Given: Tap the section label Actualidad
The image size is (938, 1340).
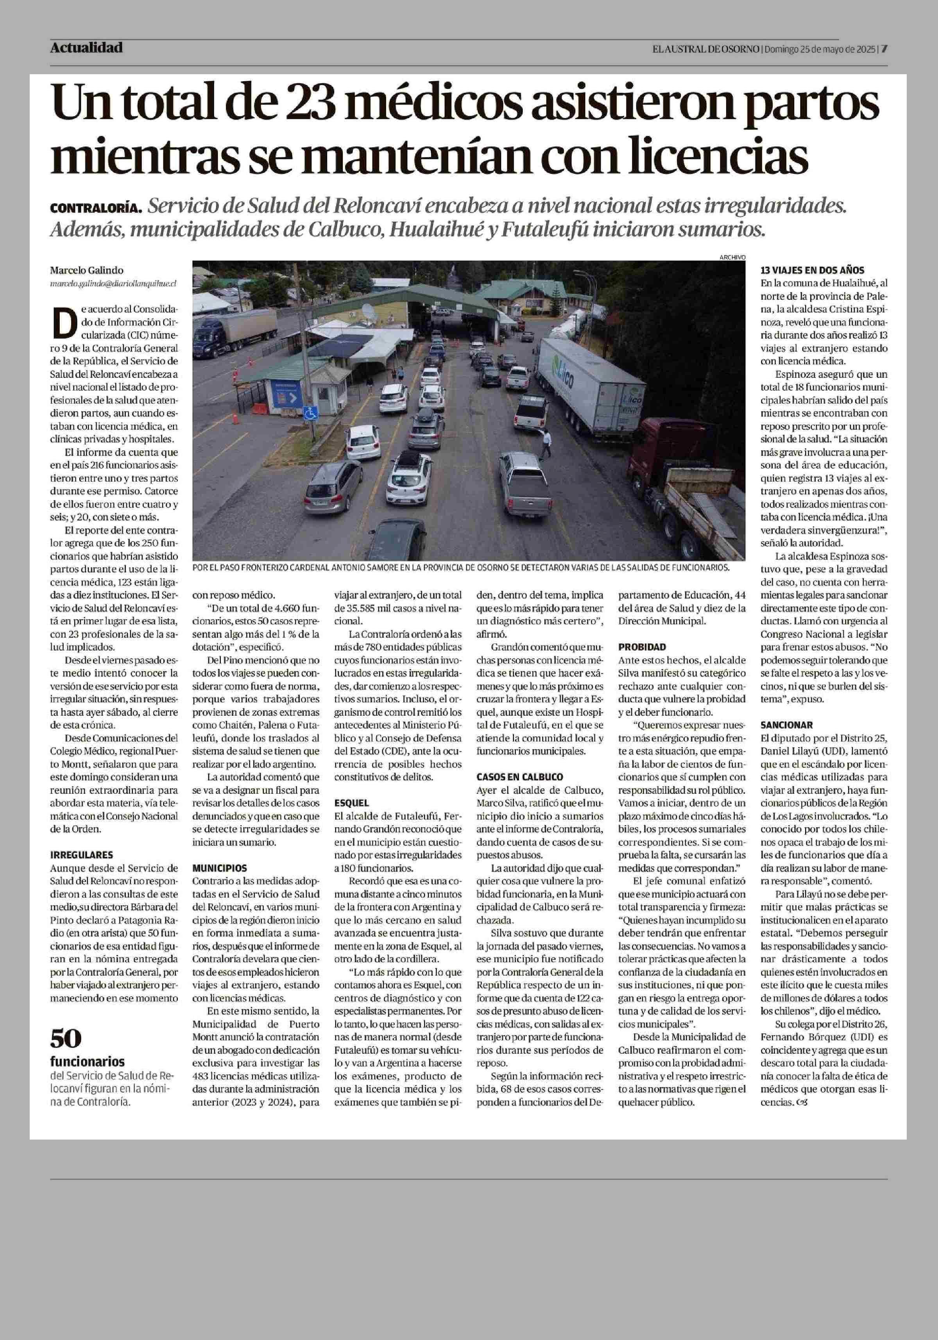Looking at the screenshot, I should pyautogui.click(x=86, y=48).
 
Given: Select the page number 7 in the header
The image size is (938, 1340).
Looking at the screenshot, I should pyautogui.click(x=884, y=49).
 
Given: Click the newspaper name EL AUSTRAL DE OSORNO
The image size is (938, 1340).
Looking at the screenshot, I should pyautogui.click(x=706, y=49).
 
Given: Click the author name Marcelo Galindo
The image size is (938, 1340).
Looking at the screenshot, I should pyautogui.click(x=86, y=270).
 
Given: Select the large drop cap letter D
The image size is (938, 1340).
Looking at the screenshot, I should pyautogui.click(x=65, y=322).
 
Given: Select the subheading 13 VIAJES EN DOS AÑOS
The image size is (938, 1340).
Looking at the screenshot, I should pyautogui.click(x=812, y=270).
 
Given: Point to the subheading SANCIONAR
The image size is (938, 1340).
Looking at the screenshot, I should pyautogui.click(x=786, y=725).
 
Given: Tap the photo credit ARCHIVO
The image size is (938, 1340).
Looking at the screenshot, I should pyautogui.click(x=732, y=257).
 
